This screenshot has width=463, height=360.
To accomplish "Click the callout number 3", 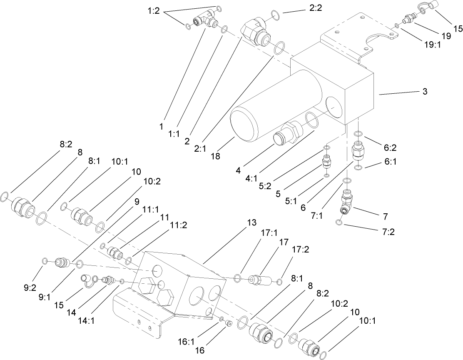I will click(425, 91).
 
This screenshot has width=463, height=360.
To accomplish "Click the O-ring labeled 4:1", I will click(312, 120).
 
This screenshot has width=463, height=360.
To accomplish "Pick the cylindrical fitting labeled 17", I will click(259, 279).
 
